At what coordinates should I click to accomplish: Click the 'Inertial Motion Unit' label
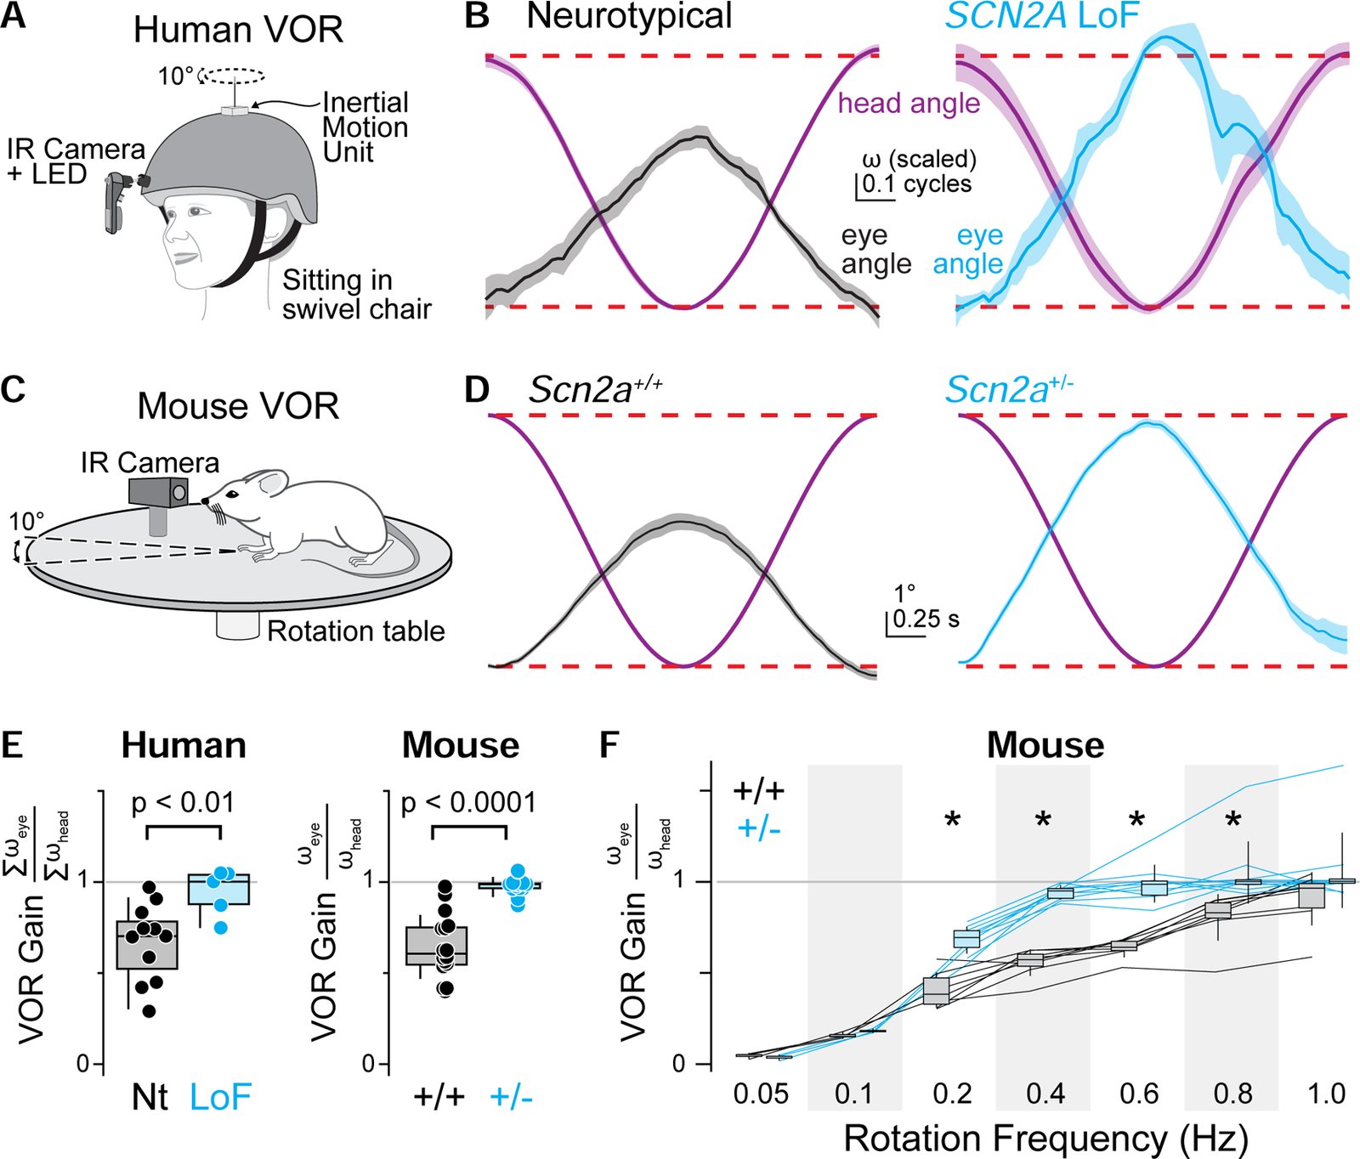click(365, 127)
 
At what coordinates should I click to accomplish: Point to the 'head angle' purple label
click(909, 104)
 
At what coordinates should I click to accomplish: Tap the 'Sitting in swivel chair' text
click(356, 294)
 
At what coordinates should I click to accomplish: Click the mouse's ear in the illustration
click(270, 484)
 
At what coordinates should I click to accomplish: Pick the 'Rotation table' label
click(356, 631)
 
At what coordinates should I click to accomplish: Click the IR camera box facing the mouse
click(159, 492)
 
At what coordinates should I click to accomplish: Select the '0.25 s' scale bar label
click(926, 619)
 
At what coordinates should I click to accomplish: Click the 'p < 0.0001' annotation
click(468, 802)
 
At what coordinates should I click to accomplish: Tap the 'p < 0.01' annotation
click(184, 802)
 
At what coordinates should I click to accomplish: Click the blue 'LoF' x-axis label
click(220, 1097)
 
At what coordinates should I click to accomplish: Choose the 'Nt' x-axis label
click(150, 1097)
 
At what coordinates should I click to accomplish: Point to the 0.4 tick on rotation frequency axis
click(1045, 1094)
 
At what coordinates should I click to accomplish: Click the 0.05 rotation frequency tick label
click(761, 1094)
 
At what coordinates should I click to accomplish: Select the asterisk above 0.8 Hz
click(1233, 820)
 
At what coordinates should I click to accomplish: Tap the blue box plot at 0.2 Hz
click(966, 938)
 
